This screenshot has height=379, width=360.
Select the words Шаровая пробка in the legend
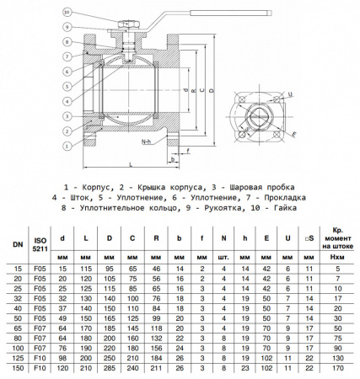pyautogui.click(x=258, y=184)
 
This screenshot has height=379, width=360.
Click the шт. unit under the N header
pyautogui.click(x=223, y=255)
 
